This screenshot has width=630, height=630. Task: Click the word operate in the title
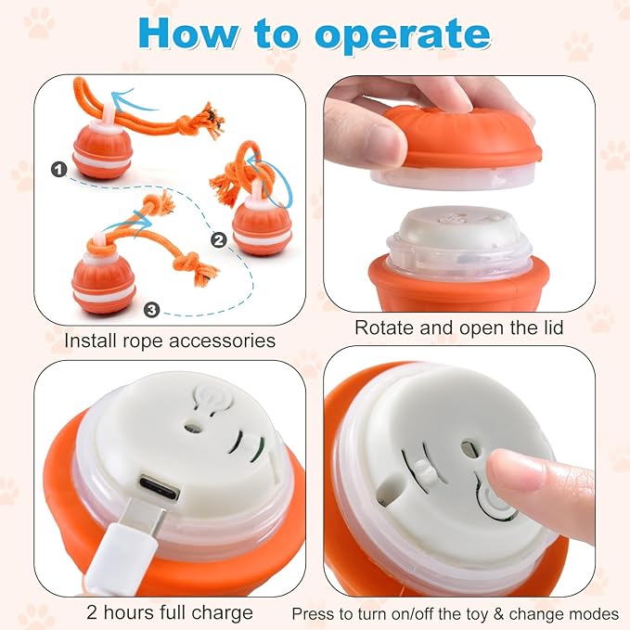(x=403, y=35)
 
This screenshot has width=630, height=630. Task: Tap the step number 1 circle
(x=59, y=170)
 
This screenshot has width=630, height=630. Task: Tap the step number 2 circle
(x=219, y=240)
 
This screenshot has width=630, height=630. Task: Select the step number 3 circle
(x=151, y=309)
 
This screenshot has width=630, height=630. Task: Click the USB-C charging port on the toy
(x=159, y=486)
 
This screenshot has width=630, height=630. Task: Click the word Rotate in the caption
(x=384, y=328)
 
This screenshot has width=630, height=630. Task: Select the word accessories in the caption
(x=222, y=341)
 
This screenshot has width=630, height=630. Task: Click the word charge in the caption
(x=222, y=613)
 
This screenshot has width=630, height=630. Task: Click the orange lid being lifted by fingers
(x=462, y=135)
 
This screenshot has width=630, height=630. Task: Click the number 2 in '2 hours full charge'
(x=92, y=612)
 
